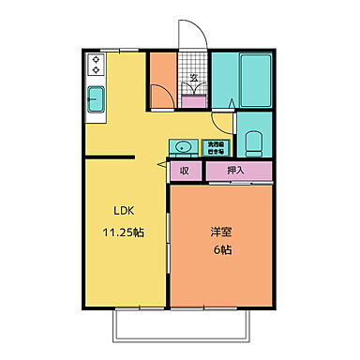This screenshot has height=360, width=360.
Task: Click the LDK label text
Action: coord(124,209)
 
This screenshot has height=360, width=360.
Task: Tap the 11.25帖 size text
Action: coord(124,231)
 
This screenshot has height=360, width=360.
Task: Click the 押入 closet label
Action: coord(236,171)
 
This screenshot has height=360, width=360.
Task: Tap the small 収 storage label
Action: coord(185,171)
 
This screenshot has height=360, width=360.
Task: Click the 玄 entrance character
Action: coord(193,78)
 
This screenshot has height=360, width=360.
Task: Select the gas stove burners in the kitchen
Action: coord(97,65)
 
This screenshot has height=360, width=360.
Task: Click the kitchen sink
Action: coord(96,99)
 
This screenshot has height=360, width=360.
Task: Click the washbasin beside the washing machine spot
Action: coord(182,146)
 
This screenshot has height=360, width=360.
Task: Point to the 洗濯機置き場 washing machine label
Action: coord(217,146)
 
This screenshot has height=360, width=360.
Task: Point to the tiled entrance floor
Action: coord(193,66)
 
